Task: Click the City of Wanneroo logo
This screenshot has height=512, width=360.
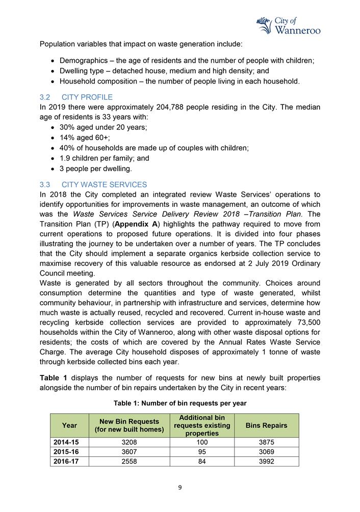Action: (x=288, y=25)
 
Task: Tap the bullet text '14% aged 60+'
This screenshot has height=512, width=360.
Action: (x=85, y=138)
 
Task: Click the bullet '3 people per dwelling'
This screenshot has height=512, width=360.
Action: (x=96, y=169)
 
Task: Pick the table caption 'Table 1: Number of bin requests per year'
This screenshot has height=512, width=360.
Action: (x=180, y=403)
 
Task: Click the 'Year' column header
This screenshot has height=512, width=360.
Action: (x=69, y=425)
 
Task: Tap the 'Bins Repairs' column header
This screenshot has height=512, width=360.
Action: (x=266, y=425)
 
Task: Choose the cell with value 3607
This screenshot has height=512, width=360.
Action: (x=130, y=451)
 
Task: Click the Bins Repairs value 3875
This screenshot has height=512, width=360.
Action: (x=266, y=442)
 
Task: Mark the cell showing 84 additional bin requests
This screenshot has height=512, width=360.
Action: (x=202, y=461)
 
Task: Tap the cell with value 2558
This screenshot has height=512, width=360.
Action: (x=130, y=461)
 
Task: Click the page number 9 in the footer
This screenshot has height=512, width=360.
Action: (x=180, y=488)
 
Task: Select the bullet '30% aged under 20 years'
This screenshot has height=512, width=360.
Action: (x=103, y=127)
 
